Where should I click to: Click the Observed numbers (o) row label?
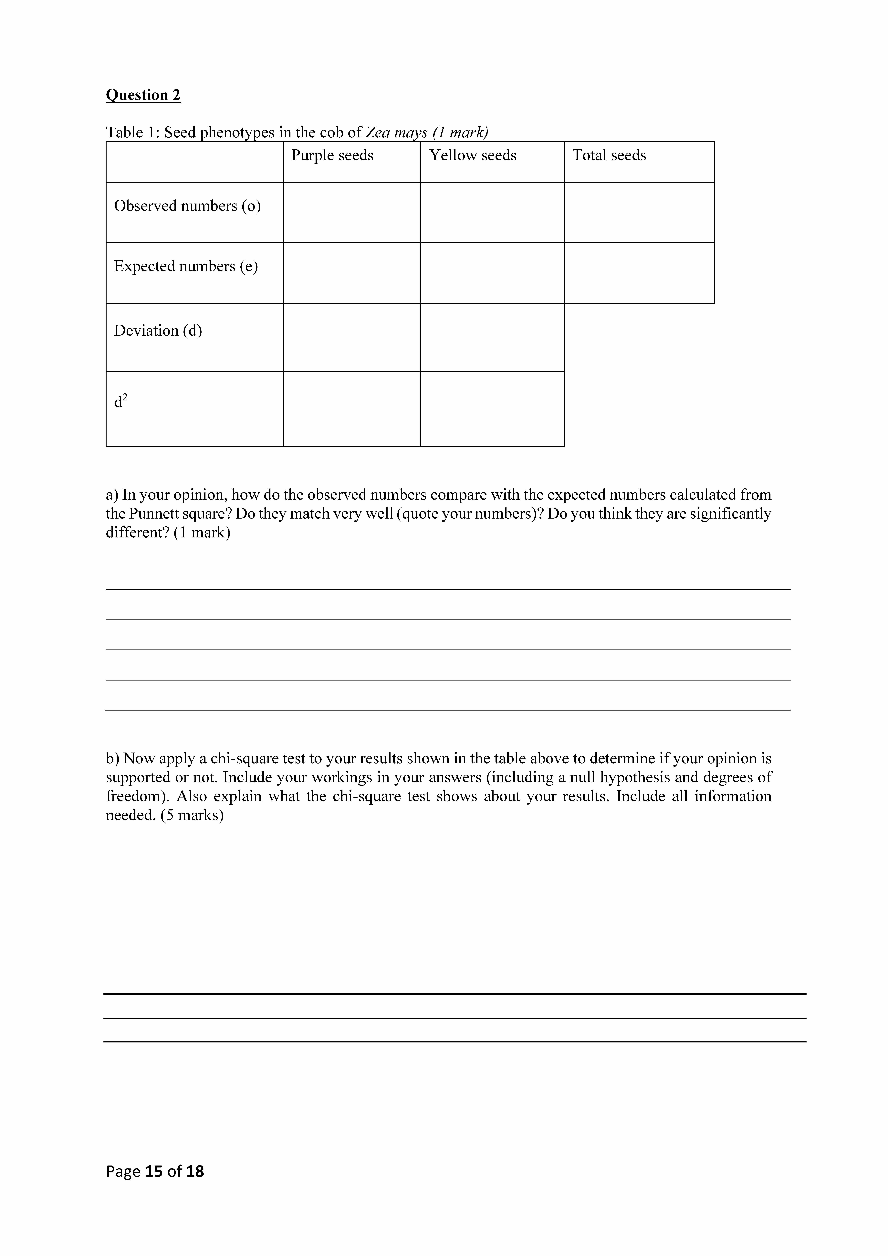187,206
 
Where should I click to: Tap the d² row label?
120,402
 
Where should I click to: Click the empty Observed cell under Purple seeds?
352,213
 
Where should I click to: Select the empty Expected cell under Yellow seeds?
492,273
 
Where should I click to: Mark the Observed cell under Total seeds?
639,213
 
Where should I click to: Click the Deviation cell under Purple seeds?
352,338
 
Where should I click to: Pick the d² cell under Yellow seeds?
492,409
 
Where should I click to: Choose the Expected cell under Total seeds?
639,273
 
